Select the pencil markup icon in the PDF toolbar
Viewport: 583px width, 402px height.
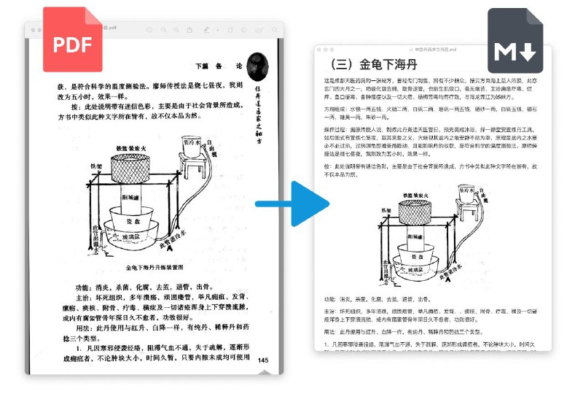(207, 30)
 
